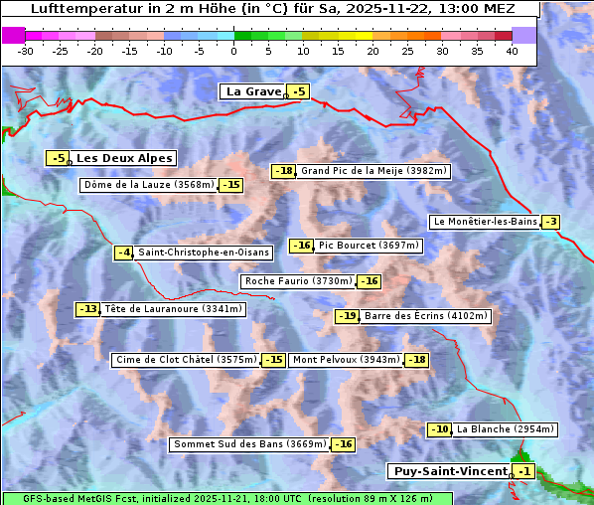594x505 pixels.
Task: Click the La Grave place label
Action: coord(253,91)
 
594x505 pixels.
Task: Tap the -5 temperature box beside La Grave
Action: coord(298,92)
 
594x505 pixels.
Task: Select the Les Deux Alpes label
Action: coord(125,158)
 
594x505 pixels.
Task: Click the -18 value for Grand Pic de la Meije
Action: coord(284,171)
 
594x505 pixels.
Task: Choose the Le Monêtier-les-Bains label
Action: coord(484,222)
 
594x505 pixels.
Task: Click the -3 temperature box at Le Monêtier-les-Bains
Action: coord(550,222)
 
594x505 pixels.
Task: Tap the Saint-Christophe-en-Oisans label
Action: coord(203,252)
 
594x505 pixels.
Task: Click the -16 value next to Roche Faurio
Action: coord(369,281)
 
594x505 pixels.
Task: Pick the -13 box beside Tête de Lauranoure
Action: coord(88,309)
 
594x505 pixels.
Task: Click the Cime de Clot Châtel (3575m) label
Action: coord(186,360)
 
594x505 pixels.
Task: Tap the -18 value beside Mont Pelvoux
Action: coord(415,360)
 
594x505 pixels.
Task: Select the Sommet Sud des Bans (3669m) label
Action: coord(249,444)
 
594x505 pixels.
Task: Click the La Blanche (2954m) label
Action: coord(505,429)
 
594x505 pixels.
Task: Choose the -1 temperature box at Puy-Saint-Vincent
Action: coord(523,471)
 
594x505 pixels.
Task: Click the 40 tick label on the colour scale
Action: coord(512,50)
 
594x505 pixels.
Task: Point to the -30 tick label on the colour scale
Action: coord(26,50)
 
